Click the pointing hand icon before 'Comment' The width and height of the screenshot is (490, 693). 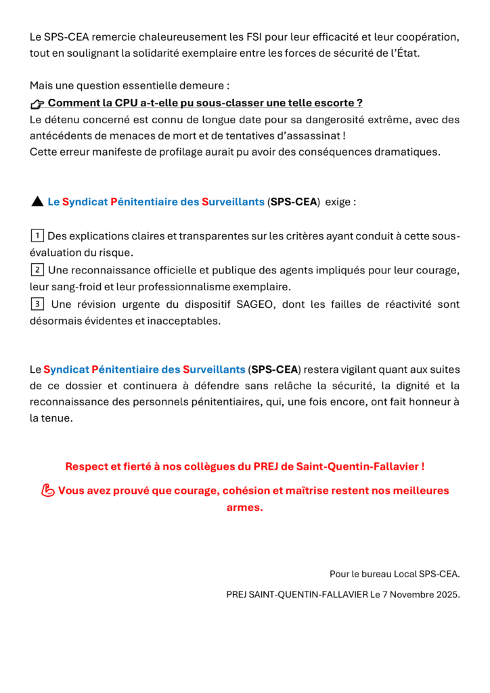pos(37,104)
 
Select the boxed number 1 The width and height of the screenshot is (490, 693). pos(37,236)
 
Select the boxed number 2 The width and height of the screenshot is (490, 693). pos(37,269)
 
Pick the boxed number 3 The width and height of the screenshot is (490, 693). pos(37,303)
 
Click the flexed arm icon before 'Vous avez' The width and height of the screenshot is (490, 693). pos(47,491)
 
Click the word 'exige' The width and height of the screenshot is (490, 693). pos(338,202)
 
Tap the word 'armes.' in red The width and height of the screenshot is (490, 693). pos(244,508)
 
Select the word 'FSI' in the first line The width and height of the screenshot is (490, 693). pos(261,36)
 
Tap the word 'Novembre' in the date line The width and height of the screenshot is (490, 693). pos(411,594)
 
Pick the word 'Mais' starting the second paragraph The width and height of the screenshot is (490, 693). pos(41,86)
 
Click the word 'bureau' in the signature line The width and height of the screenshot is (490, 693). pos(374,574)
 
